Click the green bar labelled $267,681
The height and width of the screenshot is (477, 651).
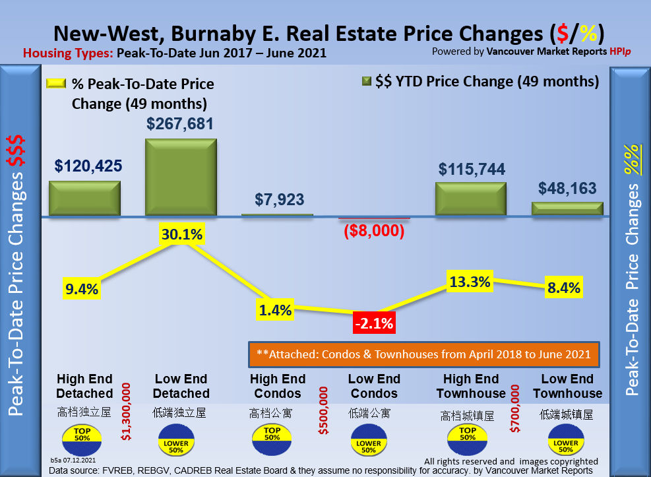(181, 176)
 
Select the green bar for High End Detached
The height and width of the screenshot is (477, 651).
(84, 198)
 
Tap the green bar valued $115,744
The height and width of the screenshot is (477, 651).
(470, 199)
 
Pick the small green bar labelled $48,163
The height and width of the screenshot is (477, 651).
(567, 208)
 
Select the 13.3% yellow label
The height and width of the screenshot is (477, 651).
(470, 282)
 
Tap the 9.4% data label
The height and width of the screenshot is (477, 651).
(81, 288)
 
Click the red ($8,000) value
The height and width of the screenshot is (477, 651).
(374, 232)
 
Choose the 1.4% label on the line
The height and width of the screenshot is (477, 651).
(275, 310)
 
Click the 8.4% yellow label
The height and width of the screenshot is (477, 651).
(564, 288)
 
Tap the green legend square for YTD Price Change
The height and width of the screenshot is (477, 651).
(367, 82)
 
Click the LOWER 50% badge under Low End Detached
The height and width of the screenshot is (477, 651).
(175, 443)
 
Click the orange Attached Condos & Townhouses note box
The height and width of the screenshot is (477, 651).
(423, 354)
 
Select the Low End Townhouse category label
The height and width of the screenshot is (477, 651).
(567, 386)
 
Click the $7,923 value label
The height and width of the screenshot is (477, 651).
(277, 201)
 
